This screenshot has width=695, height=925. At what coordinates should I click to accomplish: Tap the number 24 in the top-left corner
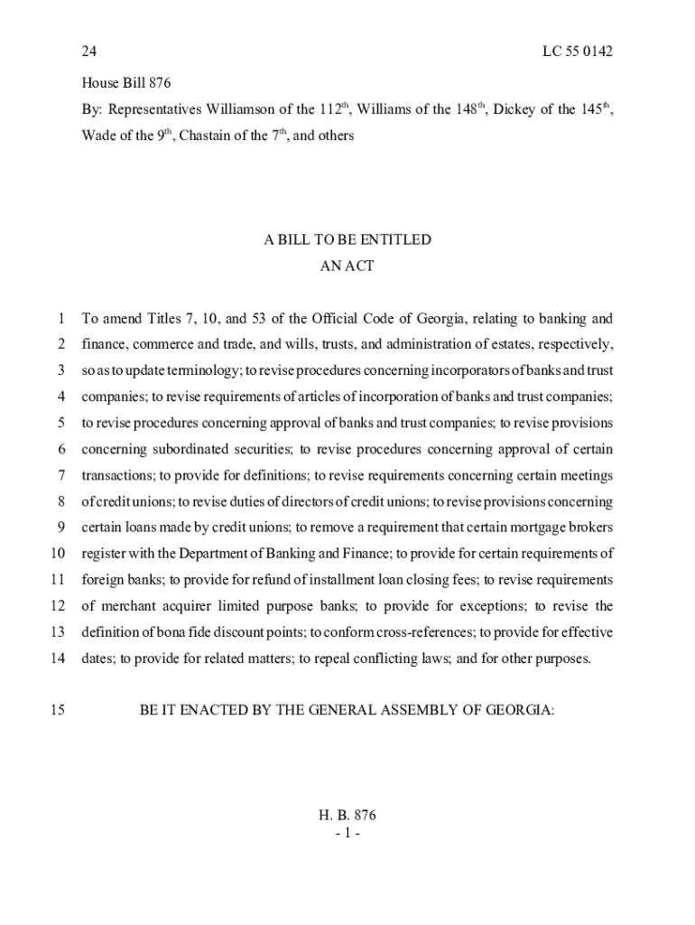click(x=89, y=51)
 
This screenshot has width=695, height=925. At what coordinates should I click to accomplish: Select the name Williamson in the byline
click(x=243, y=110)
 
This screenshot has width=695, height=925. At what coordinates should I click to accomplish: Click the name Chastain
click(x=218, y=136)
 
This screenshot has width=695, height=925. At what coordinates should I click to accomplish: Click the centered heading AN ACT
click(x=347, y=266)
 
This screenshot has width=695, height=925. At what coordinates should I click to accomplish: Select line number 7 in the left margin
click(x=60, y=475)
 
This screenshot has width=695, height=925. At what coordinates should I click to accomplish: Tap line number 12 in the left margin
click(x=57, y=606)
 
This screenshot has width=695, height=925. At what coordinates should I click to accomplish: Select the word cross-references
click(x=422, y=632)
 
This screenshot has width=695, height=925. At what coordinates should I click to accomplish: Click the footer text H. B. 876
click(x=347, y=815)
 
